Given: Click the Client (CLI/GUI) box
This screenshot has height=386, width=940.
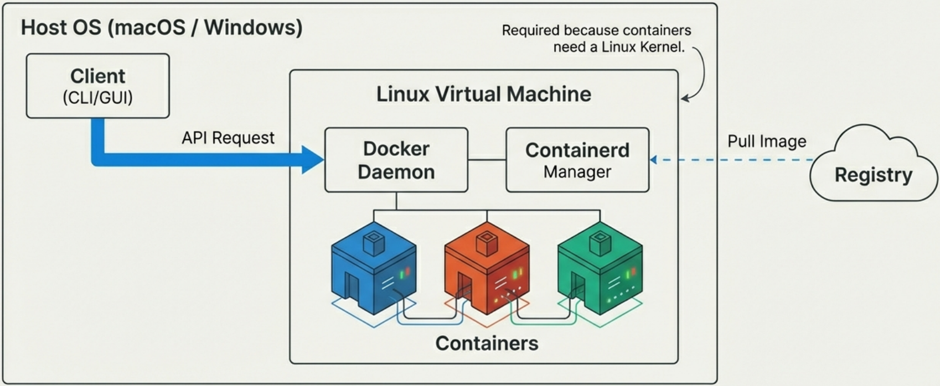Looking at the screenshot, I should pos(97,86).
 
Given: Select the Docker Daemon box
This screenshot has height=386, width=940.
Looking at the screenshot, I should pos(396,160).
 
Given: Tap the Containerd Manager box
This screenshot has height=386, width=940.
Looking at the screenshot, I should pos(577,160).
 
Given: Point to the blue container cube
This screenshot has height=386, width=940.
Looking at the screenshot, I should pos(373,271).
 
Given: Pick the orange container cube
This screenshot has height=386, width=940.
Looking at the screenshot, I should pos(487,271).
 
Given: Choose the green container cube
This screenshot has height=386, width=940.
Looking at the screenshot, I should pos(600,271).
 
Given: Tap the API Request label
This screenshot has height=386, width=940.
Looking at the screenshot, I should pos(228,138).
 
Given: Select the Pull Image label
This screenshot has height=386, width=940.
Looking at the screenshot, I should pos(766,142).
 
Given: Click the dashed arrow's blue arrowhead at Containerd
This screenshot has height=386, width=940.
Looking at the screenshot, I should pos(653,160).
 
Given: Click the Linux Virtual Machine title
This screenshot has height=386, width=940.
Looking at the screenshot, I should pos(483,94).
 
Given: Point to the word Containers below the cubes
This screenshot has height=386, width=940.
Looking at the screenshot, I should pos(487,343).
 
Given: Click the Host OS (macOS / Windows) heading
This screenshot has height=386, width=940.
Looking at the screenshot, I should pos(161,27).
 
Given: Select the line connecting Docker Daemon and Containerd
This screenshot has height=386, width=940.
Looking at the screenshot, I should pos(487,160).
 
